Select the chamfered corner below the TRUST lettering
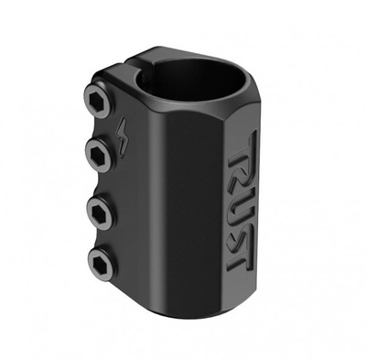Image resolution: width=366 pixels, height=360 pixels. point(240,291)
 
